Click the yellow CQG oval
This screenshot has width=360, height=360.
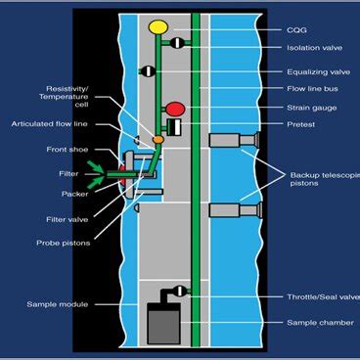point(158,27)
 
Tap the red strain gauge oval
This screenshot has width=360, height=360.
point(175,110)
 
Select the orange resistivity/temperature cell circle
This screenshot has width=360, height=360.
point(158,140)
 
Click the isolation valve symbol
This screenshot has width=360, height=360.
point(177,43)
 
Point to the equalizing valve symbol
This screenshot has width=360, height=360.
point(149,70)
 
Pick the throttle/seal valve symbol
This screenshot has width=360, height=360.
point(179,291)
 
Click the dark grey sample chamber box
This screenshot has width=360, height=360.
point(163,323)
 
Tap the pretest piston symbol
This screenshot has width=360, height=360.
point(174,127)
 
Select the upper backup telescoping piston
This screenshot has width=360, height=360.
point(234,140)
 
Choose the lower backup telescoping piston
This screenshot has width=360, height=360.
point(235,210)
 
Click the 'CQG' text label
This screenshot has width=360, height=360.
point(296,30)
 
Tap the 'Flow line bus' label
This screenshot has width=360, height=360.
point(312,89)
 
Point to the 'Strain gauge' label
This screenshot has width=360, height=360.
point(312,108)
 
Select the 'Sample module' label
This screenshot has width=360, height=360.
point(58,304)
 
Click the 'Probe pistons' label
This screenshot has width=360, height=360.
point(64,243)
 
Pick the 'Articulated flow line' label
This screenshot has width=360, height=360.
point(49,124)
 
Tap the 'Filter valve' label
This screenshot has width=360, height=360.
point(67,219)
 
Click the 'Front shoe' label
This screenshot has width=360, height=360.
point(67,150)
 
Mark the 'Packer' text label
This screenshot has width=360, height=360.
point(75,194)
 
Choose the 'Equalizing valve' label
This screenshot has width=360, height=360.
point(319,72)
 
